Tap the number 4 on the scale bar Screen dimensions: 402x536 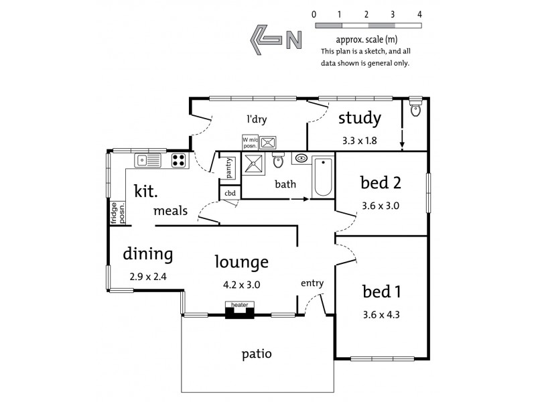pyautogui.click(x=419, y=14)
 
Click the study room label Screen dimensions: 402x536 pyautogui.click(x=360, y=119)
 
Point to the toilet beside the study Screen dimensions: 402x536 pyautogui.click(x=415, y=109)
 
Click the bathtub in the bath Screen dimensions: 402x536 pyautogui.click(x=323, y=176)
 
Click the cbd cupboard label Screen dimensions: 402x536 pyautogui.click(x=230, y=193)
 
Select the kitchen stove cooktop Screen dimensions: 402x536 pyautogui.click(x=178, y=159)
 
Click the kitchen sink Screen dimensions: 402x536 pyautogui.click(x=147, y=159)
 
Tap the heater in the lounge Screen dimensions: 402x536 pyautogui.click(x=240, y=309)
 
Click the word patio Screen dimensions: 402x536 pyautogui.click(x=257, y=353)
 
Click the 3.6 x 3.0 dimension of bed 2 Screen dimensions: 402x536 pyautogui.click(x=380, y=206)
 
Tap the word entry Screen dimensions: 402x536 pyautogui.click(x=312, y=283)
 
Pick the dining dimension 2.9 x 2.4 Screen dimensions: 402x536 pyautogui.click(x=147, y=275)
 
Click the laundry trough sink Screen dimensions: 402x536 pyautogui.click(x=269, y=141)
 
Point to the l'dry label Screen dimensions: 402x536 pyautogui.click(x=257, y=120)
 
